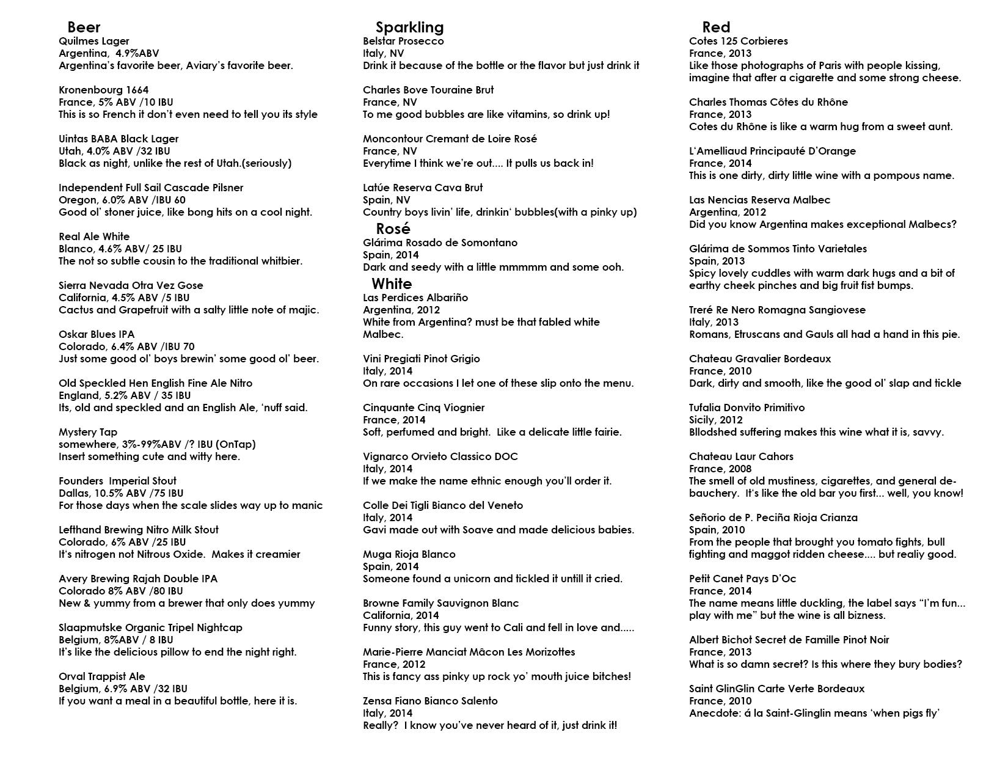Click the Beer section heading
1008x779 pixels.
coord(84,27)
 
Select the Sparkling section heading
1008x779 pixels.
coord(409,27)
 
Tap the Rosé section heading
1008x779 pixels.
coord(393,229)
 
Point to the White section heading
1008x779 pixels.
coord(392,283)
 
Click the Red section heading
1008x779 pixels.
coord(716,27)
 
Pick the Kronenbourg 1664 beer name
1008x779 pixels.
coord(103,90)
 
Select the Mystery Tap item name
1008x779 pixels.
coord(88,432)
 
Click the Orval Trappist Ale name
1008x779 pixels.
coord(102,676)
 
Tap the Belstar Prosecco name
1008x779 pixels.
coord(403,41)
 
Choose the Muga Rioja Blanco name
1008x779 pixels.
coord(409,554)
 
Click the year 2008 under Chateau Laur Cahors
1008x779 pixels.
coord(739,469)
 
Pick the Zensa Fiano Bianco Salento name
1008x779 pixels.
coord(430,701)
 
